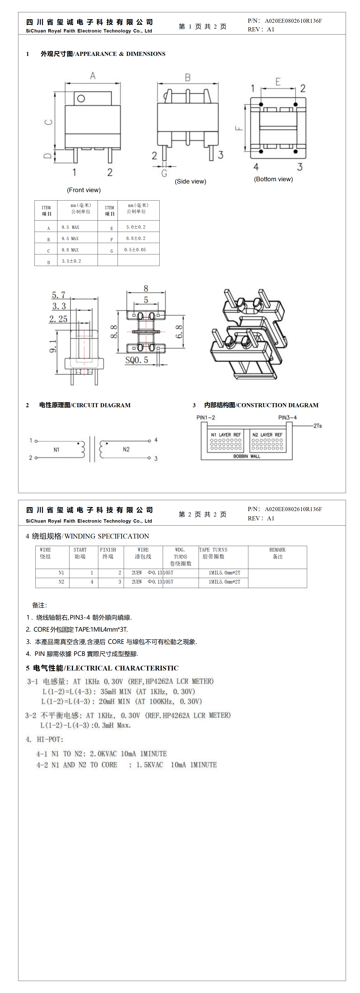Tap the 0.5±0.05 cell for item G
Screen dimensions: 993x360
135,250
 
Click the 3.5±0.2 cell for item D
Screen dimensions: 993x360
71,261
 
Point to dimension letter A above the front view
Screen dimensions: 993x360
93,76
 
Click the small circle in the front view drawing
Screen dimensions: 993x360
81,98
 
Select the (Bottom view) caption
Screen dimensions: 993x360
273,179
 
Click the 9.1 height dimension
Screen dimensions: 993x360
53,346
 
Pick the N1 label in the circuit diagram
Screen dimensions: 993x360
56,449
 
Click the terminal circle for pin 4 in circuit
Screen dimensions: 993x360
149,441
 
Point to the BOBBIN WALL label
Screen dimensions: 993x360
247,456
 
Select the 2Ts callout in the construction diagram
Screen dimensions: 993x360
317,426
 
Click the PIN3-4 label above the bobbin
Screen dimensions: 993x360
288,417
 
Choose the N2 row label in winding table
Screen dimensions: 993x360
61,582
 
